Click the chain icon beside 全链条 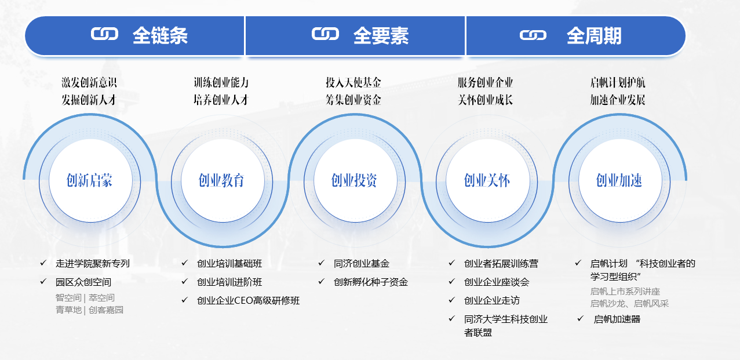[x=104, y=34]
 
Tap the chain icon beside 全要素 [x=325, y=34]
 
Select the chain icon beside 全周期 [x=533, y=35]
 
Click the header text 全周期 [x=594, y=36]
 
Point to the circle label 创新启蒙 [x=89, y=180]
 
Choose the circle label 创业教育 [x=221, y=180]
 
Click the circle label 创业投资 [x=354, y=180]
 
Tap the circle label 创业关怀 [x=487, y=180]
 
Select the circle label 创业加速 [x=619, y=180]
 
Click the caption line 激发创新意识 [x=89, y=82]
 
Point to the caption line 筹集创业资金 [x=353, y=100]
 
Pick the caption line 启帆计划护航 [x=618, y=82]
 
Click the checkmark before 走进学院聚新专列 [x=43, y=263]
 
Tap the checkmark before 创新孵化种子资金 [x=322, y=281]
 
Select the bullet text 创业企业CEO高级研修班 [x=249, y=300]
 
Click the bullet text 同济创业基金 [x=362, y=263]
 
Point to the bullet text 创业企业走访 [x=492, y=300]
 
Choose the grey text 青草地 [x=68, y=310]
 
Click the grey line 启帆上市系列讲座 [x=625, y=292]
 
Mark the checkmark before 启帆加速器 [x=581, y=318]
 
